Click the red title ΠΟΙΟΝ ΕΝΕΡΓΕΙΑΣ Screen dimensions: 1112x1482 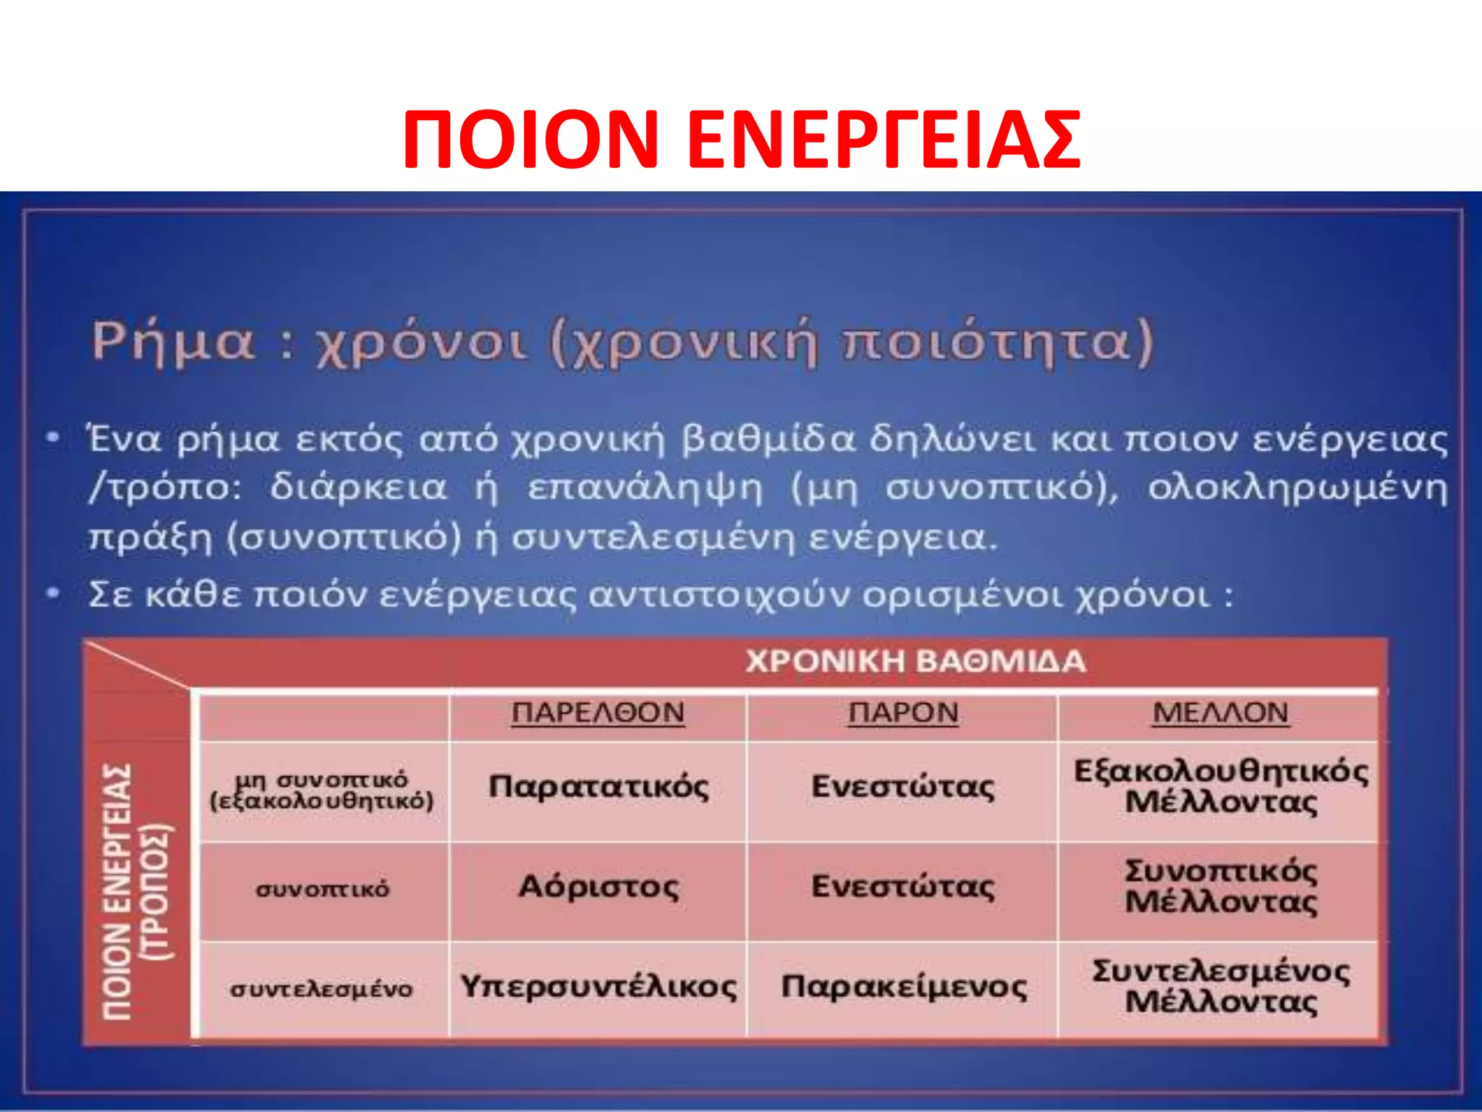click(741, 140)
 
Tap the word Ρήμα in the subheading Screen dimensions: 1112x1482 click(174, 342)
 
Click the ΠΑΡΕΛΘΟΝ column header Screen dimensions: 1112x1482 click(598, 713)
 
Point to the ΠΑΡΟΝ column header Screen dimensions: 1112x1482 click(903, 713)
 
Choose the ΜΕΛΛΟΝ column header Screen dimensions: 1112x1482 click(1220, 713)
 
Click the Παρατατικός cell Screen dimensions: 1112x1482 click(598, 787)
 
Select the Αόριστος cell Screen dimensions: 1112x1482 click(598, 887)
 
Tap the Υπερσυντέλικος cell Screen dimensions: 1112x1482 click(598, 987)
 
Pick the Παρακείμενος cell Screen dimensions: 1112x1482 click(903, 987)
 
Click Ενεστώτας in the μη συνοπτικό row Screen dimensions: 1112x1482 click(903, 787)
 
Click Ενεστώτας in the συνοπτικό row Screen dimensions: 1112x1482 click(903, 887)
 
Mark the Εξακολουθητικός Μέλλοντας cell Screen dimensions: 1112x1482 click(1220, 787)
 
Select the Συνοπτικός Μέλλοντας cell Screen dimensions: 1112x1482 click(1220, 887)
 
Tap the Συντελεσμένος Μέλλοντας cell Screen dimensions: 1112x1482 click(1220, 987)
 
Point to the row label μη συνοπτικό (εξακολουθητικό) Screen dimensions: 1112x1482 click(321, 791)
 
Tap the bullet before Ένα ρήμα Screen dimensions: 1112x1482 click(52, 438)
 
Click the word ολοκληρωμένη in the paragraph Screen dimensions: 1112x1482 click(1297, 489)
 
